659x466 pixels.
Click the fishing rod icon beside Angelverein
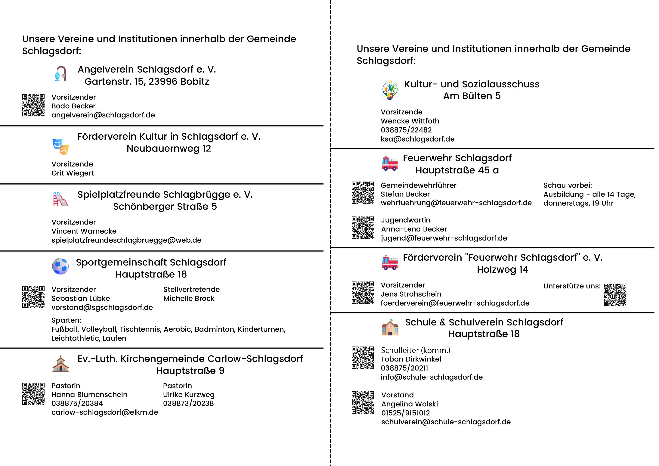tap(60, 73)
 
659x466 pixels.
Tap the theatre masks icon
tap(60, 146)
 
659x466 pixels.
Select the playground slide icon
tap(60, 199)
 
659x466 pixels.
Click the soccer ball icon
tap(60, 266)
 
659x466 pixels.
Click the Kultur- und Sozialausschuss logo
tap(390, 90)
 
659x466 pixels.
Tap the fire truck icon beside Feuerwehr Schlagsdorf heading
tap(390, 163)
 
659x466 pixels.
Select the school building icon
tap(390, 327)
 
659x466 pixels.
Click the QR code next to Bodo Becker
tap(34, 105)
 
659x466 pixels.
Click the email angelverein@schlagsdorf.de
tap(103, 115)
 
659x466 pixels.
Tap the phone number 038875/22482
tap(406, 130)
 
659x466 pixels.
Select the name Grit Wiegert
tap(73, 173)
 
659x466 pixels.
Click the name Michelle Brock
tap(189, 298)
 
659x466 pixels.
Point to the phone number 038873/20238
tap(188, 403)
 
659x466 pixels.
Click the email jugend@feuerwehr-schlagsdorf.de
tap(444, 238)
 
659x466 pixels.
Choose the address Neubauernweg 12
tap(169, 148)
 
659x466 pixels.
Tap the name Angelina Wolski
tap(410, 404)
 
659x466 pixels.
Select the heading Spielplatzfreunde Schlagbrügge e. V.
tap(165, 195)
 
